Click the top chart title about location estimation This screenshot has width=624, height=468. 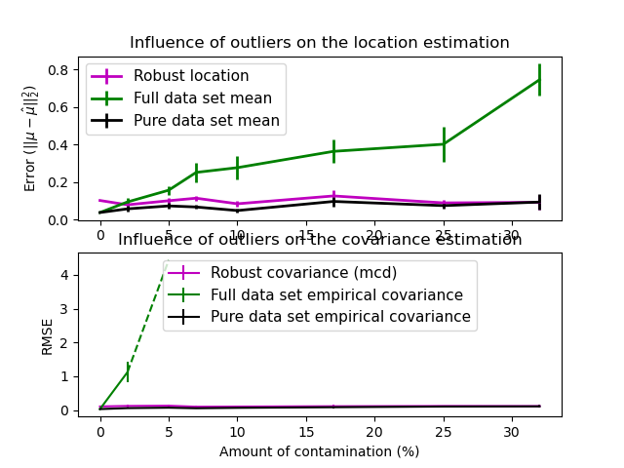tap(319, 43)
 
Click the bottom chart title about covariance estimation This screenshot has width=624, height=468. tap(319, 240)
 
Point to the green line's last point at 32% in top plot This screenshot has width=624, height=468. tap(539, 80)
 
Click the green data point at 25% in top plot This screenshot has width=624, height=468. tap(444, 144)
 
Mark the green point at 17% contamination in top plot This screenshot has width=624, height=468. tap(333, 151)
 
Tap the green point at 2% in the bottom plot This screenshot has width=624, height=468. tap(128, 371)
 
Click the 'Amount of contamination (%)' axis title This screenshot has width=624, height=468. tap(319, 451)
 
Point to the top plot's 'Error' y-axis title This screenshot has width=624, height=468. tap(31, 137)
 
